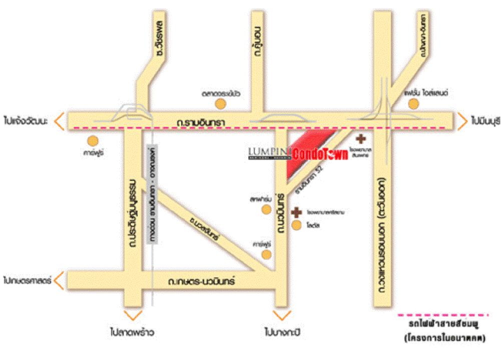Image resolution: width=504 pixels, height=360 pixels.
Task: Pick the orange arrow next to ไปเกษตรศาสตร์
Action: point(59,281)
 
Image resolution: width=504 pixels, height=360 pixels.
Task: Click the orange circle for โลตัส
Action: point(297,225)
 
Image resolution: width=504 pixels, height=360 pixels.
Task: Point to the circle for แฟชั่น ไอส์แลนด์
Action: point(413,103)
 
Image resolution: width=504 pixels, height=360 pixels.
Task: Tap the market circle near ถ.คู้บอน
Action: point(220,103)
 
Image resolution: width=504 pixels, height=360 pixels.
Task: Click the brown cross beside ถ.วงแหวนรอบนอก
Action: point(360,139)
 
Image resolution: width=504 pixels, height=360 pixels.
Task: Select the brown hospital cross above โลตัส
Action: point(297,212)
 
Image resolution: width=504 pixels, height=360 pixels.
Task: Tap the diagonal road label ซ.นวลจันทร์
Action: point(206,227)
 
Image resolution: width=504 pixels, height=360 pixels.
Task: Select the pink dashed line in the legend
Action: point(443,315)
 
